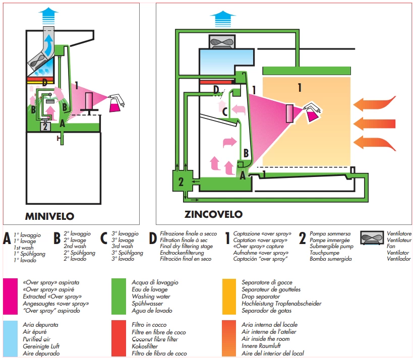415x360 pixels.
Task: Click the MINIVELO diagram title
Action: (x=49, y=217)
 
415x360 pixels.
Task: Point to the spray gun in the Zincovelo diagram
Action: (x=314, y=111)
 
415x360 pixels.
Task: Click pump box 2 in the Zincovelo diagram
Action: (x=181, y=181)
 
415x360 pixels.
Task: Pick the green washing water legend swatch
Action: (x=118, y=296)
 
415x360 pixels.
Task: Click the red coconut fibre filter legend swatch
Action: (x=118, y=338)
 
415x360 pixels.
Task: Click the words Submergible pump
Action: (x=331, y=247)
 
